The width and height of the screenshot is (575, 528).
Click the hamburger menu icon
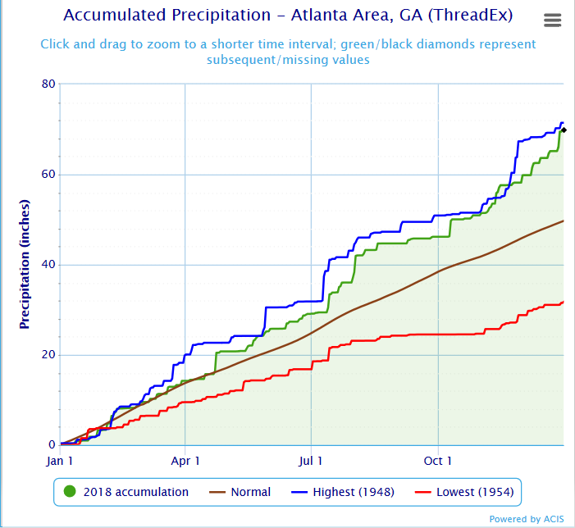pyautogui.click(x=553, y=20)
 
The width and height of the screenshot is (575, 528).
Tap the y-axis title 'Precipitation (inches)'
pyautogui.click(x=25, y=264)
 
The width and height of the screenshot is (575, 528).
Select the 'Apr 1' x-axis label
pyautogui.click(x=185, y=462)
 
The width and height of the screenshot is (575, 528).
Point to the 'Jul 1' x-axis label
pyautogui.click(x=312, y=462)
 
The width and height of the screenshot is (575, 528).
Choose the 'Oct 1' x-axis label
pyautogui.click(x=439, y=462)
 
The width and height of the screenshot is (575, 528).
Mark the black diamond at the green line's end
pyautogui.click(x=564, y=130)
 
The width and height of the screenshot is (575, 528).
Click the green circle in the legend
pyautogui.click(x=70, y=492)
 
